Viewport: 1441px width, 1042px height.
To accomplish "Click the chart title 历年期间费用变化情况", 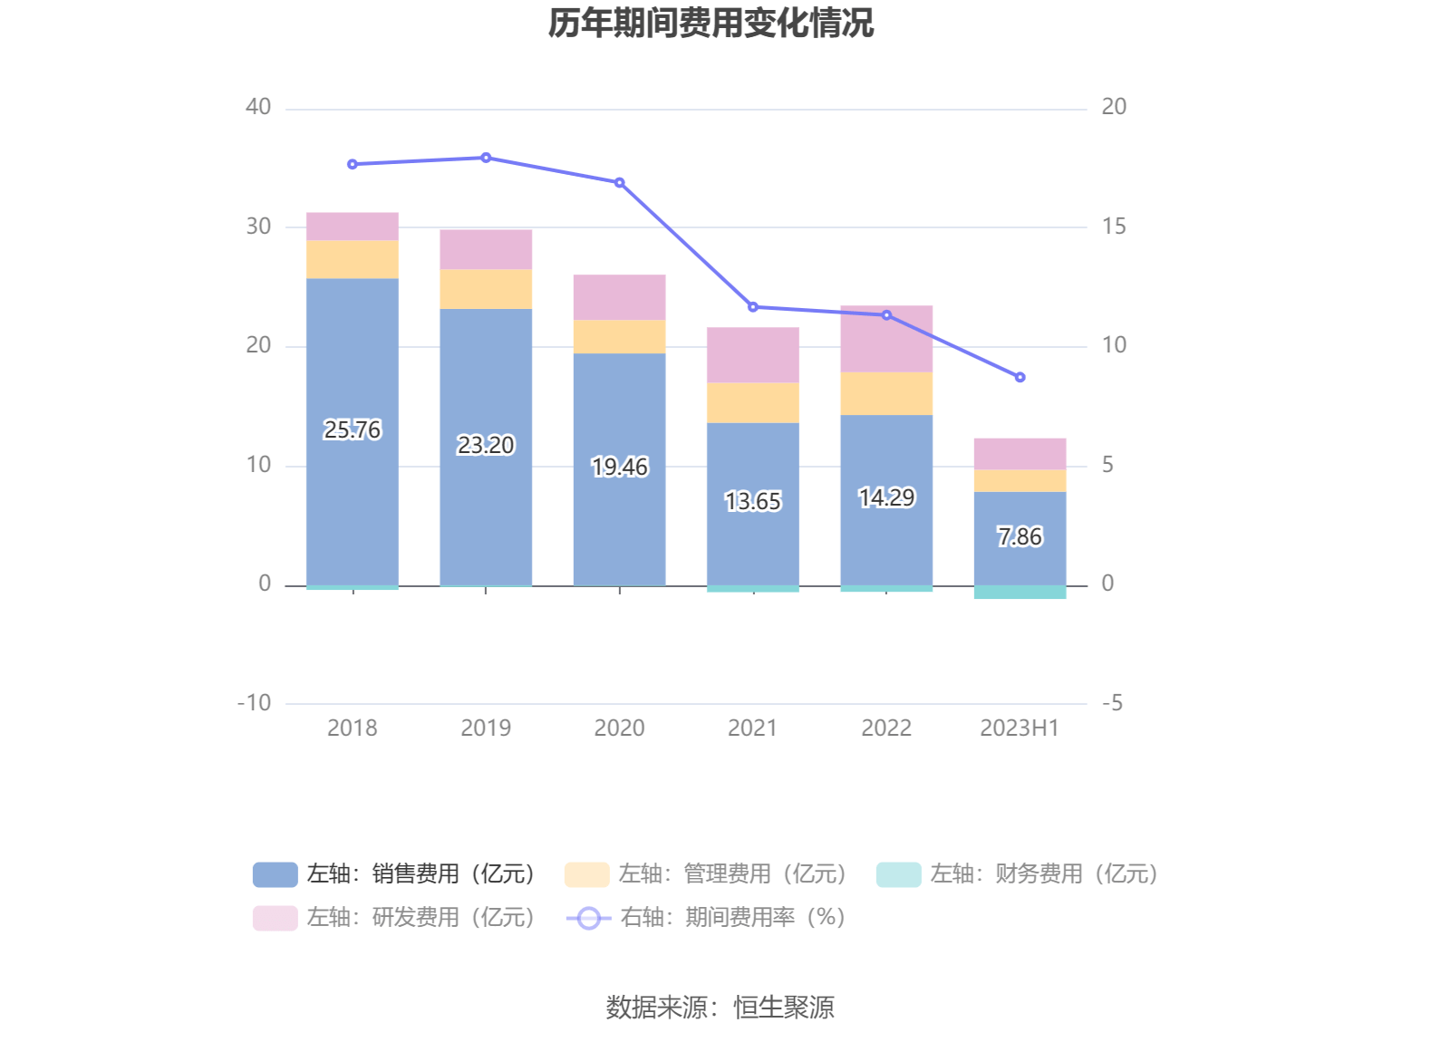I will tap(711, 24).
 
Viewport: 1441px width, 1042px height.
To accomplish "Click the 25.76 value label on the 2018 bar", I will tap(353, 429).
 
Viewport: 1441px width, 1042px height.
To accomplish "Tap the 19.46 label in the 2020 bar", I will tap(620, 467).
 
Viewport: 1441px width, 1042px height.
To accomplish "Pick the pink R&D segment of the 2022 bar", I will tap(886, 339).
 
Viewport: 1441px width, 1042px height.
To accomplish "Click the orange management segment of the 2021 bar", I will tap(753, 402).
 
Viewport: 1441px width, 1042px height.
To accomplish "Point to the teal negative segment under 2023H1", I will tap(1020, 592).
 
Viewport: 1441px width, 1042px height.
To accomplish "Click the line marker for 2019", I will tap(486, 158).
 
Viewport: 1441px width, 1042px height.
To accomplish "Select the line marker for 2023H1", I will tap(1020, 377).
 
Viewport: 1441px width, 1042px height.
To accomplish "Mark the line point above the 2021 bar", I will tap(753, 307).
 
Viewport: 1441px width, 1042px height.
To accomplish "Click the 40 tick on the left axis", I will tap(258, 107).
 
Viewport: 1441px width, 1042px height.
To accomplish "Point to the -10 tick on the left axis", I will tap(254, 703).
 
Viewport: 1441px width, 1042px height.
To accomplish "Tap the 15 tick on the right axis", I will tap(1113, 227).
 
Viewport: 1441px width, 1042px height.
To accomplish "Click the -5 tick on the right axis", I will tap(1111, 703).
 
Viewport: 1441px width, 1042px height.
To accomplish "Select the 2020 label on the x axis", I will tap(619, 728).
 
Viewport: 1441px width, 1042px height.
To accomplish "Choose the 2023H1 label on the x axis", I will tap(1020, 728).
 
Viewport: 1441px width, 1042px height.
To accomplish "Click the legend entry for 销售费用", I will tap(395, 873).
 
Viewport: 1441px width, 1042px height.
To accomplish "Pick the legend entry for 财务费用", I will tap(1018, 873).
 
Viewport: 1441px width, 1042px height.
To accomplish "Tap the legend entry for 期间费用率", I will tap(707, 917).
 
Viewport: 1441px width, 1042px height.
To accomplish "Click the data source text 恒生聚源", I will tap(783, 1007).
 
